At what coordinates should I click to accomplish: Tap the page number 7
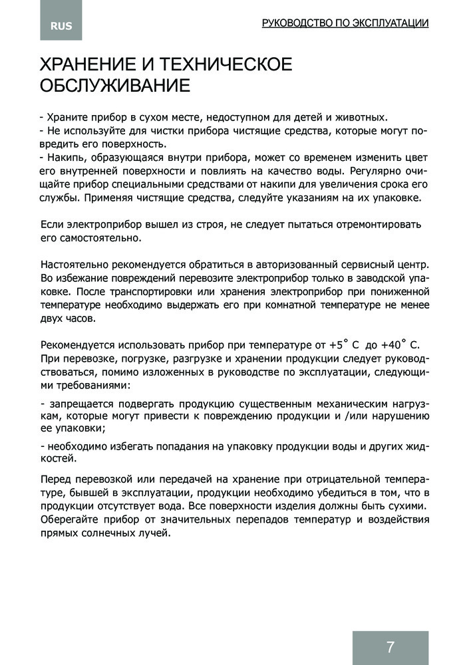[x=390, y=646]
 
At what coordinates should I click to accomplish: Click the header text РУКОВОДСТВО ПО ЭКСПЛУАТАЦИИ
[x=345, y=23]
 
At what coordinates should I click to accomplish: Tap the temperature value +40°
[x=394, y=345]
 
